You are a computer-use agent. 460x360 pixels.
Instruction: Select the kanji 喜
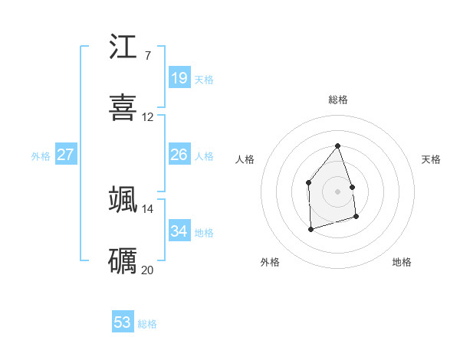(123, 108)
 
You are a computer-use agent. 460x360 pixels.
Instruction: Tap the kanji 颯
(123, 199)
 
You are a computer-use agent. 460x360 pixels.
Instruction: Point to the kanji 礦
(123, 260)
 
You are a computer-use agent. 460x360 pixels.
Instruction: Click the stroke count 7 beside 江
(147, 56)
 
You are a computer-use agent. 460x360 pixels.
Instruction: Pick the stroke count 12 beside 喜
(148, 117)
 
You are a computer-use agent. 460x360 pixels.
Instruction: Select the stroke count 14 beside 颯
(148, 208)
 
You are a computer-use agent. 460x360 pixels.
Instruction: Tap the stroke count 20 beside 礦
(148, 270)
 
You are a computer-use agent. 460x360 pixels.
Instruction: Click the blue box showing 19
(179, 78)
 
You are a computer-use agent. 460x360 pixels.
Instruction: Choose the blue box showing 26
(179, 155)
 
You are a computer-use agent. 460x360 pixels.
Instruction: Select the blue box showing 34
(179, 231)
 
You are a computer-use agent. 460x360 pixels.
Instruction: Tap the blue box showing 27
(65, 155)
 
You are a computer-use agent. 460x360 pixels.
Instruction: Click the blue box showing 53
(123, 322)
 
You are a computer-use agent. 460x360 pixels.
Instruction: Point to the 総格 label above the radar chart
(338, 100)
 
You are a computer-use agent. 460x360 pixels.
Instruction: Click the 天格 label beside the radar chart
(432, 159)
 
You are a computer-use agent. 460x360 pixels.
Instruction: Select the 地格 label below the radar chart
(402, 262)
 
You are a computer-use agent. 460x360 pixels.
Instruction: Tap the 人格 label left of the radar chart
(245, 159)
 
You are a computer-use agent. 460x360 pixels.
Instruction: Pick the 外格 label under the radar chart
(270, 262)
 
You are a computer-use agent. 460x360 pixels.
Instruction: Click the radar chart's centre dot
(337, 191)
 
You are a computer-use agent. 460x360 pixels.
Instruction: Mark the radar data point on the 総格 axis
(337, 146)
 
